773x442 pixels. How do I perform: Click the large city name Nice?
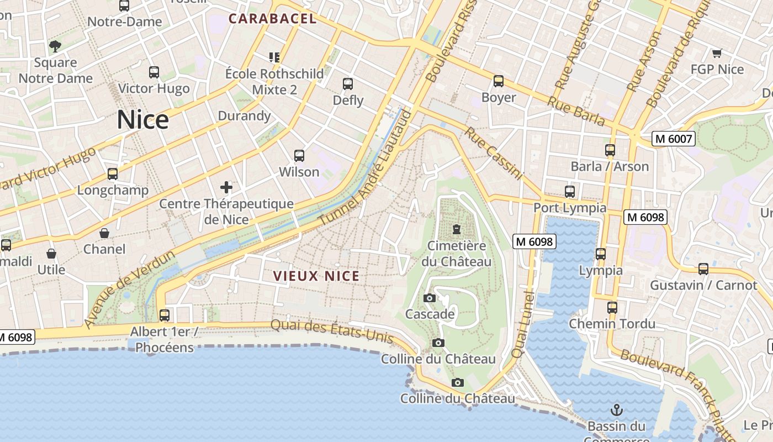pos(142,120)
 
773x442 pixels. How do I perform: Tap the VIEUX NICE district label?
pos(316,276)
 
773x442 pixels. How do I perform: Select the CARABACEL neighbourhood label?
pos(273,18)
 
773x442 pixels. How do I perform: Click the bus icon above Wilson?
pos(299,156)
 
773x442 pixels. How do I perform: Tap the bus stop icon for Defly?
pos(348,84)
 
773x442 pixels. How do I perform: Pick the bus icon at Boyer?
pos(499,81)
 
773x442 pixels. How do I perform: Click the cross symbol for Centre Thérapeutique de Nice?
pos(226,187)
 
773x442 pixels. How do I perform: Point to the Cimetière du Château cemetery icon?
pos(457,229)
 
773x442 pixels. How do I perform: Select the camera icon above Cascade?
pos(430,298)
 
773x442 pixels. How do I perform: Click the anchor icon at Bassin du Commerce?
pos(616,410)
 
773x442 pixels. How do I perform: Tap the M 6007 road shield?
pos(673,139)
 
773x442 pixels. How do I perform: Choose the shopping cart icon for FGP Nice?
pos(717,54)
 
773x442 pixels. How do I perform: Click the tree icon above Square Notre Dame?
pos(55,46)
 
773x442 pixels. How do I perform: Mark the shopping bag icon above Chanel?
pos(104,233)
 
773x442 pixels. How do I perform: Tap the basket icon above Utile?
pos(51,254)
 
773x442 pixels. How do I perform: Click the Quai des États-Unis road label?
pos(332,330)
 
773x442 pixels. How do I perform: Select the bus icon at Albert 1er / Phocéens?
pos(165,315)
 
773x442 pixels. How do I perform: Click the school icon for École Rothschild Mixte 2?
pos(274,57)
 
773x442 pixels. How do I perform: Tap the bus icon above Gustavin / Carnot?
pos(703,269)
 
